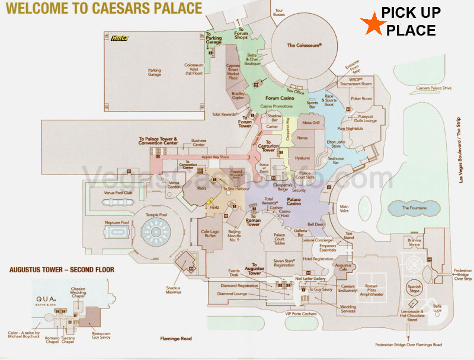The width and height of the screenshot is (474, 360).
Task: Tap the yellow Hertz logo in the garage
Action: [x=120, y=39]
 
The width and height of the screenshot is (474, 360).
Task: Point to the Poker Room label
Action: [x=361, y=98]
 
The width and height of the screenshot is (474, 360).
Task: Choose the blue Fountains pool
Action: [x=414, y=208]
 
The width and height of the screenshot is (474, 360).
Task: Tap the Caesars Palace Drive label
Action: [x=431, y=88]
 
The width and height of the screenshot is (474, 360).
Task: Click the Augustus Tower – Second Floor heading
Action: [x=62, y=269]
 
